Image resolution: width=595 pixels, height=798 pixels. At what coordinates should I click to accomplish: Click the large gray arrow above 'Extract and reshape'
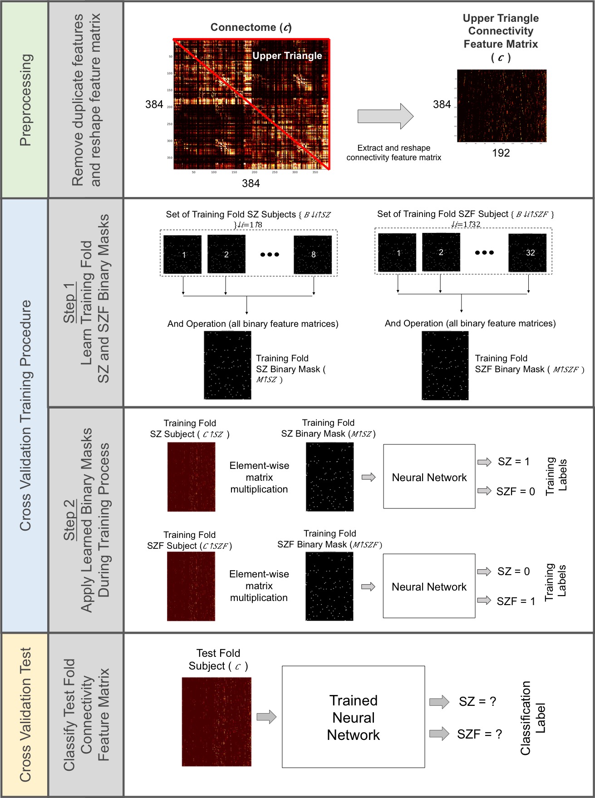(385, 116)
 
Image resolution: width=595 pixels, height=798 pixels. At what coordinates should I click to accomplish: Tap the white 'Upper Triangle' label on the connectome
(287, 56)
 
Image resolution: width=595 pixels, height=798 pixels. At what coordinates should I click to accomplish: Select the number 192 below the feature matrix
(501, 153)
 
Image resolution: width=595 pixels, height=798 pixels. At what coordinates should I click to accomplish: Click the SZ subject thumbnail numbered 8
(313, 255)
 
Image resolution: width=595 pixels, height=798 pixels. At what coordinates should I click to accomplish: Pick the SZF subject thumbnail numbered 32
(527, 253)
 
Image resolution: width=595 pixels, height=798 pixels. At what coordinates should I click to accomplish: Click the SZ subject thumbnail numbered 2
(226, 254)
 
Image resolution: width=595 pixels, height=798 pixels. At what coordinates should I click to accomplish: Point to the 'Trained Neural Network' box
(353, 717)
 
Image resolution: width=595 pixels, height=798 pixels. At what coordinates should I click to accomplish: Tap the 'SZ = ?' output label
(477, 701)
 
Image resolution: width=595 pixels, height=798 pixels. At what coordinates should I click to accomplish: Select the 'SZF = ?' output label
(479, 734)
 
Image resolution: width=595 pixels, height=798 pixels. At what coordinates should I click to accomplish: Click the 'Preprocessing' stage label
(26, 100)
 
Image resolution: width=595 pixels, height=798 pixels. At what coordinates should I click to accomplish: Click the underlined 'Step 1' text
(69, 303)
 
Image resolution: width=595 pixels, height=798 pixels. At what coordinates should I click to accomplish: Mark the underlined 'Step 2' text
(69, 520)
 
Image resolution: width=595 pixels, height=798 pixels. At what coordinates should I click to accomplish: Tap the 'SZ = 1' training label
(513, 462)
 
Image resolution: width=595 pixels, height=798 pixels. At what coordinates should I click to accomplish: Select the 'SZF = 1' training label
(516, 601)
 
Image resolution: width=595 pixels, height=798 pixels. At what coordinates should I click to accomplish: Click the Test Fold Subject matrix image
(216, 722)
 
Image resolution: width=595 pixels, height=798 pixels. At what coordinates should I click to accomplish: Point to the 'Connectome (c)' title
(251, 28)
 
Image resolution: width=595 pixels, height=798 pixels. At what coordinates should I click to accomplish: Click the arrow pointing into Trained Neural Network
(266, 717)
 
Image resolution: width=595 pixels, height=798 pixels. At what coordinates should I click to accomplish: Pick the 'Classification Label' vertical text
(532, 718)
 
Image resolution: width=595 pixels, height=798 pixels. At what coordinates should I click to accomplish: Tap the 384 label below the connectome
(251, 183)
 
